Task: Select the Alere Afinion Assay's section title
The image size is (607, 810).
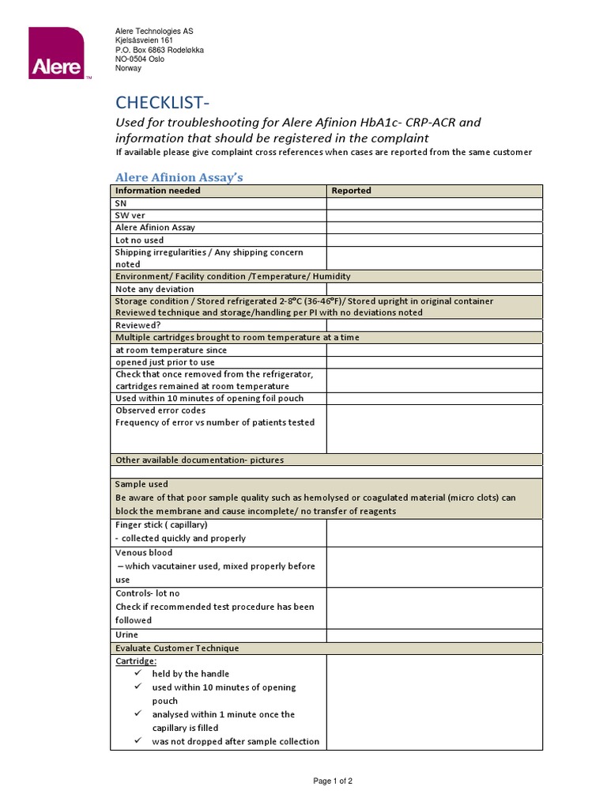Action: pos(179,177)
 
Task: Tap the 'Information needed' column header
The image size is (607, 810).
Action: pos(158,191)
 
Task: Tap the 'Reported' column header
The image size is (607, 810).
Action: pos(351,191)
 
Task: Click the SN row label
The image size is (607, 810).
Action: pos(121,203)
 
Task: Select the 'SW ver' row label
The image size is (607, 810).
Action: pos(130,215)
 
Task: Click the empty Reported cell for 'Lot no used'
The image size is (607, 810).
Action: pos(434,240)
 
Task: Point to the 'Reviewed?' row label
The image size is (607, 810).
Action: pos(138,325)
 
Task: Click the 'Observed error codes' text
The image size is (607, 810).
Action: pos(160,411)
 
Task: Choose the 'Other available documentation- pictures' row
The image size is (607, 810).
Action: pos(199,460)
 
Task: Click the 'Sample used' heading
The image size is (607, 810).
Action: pos(141,484)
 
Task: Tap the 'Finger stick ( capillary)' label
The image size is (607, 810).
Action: pos(161,524)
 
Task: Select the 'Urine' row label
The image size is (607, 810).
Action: pos(126,634)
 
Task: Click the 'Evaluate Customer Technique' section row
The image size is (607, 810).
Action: pos(177,648)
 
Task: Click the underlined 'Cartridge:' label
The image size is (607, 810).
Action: pos(136,660)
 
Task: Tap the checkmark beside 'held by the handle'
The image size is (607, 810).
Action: pos(138,673)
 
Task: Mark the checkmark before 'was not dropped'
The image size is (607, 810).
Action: pos(138,741)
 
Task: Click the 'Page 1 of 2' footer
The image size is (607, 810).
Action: pos(333,781)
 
